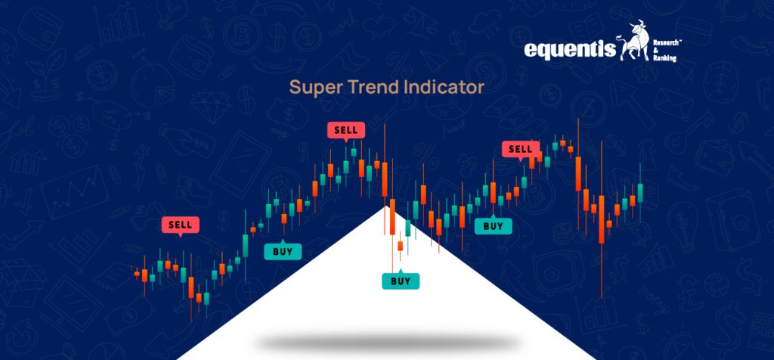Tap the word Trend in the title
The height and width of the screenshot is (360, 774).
point(369,88)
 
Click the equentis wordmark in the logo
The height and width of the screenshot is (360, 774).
point(569,49)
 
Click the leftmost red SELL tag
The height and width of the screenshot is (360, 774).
point(180,225)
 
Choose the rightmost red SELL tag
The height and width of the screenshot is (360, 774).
point(520,149)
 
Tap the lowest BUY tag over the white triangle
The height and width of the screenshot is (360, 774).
point(401,281)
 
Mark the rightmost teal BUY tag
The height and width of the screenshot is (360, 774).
point(493,225)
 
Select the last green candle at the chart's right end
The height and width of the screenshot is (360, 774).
point(639,193)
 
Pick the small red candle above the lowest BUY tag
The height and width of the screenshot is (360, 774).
point(400,245)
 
